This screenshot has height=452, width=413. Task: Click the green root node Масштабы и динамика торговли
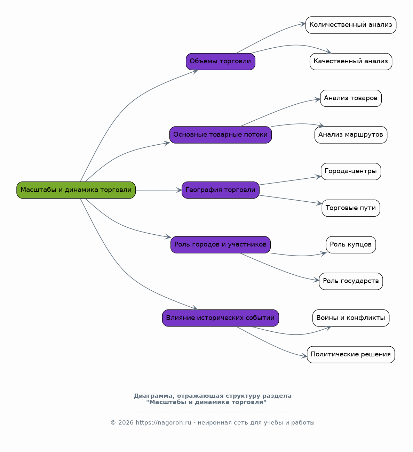(76, 190)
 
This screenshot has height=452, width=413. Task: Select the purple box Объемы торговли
(220, 62)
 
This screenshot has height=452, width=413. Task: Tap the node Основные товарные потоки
(220, 135)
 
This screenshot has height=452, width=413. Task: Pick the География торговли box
(220, 190)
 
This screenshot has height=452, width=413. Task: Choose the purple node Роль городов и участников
(220, 245)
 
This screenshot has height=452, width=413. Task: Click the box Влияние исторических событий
(220, 318)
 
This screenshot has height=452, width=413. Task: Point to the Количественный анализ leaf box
(351, 25)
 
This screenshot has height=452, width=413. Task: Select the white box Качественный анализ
(351, 62)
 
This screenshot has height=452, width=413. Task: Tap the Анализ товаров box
(351, 98)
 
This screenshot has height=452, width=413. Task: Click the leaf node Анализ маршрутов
(351, 135)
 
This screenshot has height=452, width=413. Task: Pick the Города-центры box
(351, 172)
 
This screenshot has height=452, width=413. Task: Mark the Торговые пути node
(351, 208)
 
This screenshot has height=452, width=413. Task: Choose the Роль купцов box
(351, 245)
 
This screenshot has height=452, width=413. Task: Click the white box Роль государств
(351, 281)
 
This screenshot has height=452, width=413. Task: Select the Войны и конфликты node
(351, 318)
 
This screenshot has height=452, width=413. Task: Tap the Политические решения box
(351, 355)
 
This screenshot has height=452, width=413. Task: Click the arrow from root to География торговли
(159, 190)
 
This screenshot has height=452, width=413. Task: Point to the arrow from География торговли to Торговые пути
(291, 200)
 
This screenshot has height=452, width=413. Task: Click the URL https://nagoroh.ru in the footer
(163, 423)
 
